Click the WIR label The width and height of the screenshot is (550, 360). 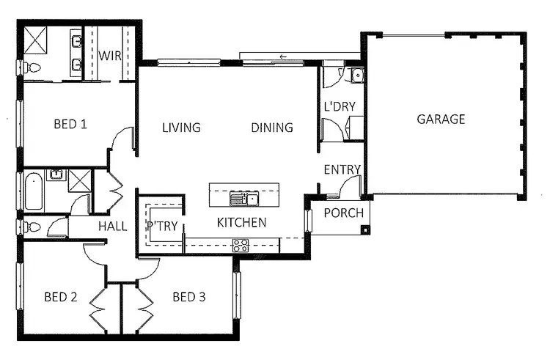[110, 56]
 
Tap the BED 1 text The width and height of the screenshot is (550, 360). [70, 124]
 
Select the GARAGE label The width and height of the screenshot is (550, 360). [441, 119]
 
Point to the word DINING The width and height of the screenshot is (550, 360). [272, 128]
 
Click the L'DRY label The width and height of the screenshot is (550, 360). [340, 106]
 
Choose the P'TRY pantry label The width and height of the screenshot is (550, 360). [162, 226]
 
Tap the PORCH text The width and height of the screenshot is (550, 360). [343, 213]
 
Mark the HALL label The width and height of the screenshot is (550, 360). [112, 227]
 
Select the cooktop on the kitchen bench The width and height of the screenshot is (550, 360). [241, 246]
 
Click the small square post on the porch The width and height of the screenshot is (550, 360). [364, 229]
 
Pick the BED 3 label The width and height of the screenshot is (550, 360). [189, 297]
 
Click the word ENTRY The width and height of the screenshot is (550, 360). [342, 170]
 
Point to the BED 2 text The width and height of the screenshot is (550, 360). [61, 297]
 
